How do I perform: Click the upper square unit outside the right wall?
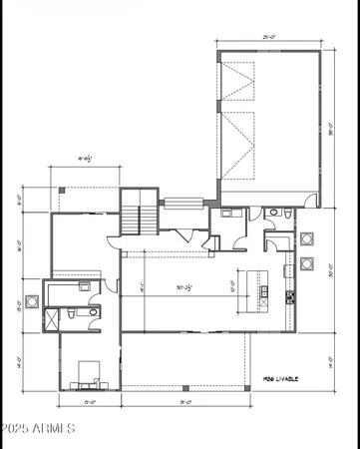[x=306, y=239]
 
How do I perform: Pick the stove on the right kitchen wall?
[x=290, y=295]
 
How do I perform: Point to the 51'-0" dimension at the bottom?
[x=182, y=402]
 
